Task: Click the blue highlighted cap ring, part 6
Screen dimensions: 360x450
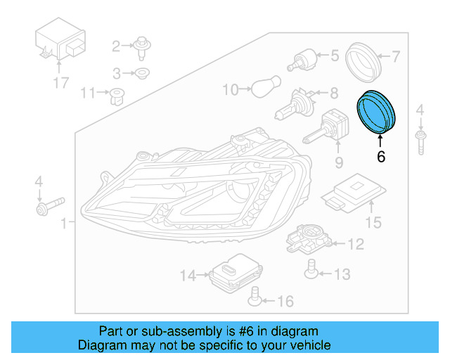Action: tap(378, 111)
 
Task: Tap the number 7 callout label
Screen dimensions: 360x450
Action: tap(395, 56)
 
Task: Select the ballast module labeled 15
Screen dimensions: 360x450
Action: tap(354, 193)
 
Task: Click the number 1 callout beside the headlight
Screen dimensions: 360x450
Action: tap(64, 224)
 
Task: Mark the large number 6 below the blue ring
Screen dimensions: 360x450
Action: tap(381, 157)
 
